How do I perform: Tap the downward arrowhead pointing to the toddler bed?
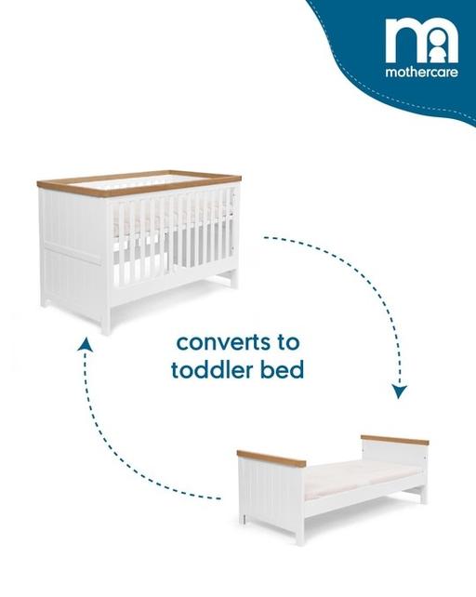click(399, 391)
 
